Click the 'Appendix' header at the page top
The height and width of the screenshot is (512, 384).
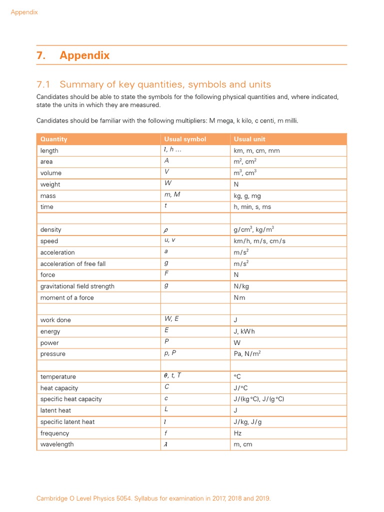pos(24,12)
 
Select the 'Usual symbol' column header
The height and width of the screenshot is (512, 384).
pos(185,139)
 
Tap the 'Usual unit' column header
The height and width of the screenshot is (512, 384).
pos(249,139)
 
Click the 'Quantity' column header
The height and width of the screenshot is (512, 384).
pos(53,139)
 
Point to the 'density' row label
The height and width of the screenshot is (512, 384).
pos(51,230)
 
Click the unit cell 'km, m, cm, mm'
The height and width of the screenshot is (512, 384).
pos(256,150)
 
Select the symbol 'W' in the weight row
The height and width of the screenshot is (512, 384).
pos(168,183)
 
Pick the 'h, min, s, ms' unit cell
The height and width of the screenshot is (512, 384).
pos(252,207)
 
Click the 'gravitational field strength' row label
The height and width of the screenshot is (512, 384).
pos(77,286)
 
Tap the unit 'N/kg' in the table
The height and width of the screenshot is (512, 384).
pos(242,286)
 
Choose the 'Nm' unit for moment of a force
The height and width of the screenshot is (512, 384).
pos(239,298)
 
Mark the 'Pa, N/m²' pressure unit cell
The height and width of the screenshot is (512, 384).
pos(247,354)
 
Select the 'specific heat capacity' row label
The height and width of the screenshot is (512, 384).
pos(71,399)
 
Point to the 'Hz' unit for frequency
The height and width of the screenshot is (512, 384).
pos(237,433)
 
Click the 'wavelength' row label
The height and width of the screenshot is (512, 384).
pos(57,444)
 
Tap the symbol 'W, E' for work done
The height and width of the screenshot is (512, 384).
pos(171,319)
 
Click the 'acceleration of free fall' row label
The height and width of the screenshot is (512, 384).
pos(73,264)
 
